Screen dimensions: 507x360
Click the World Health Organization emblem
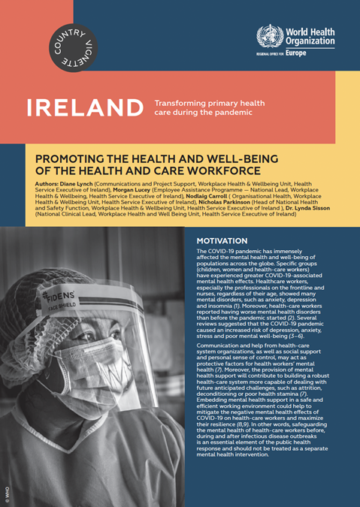[x=268, y=37]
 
